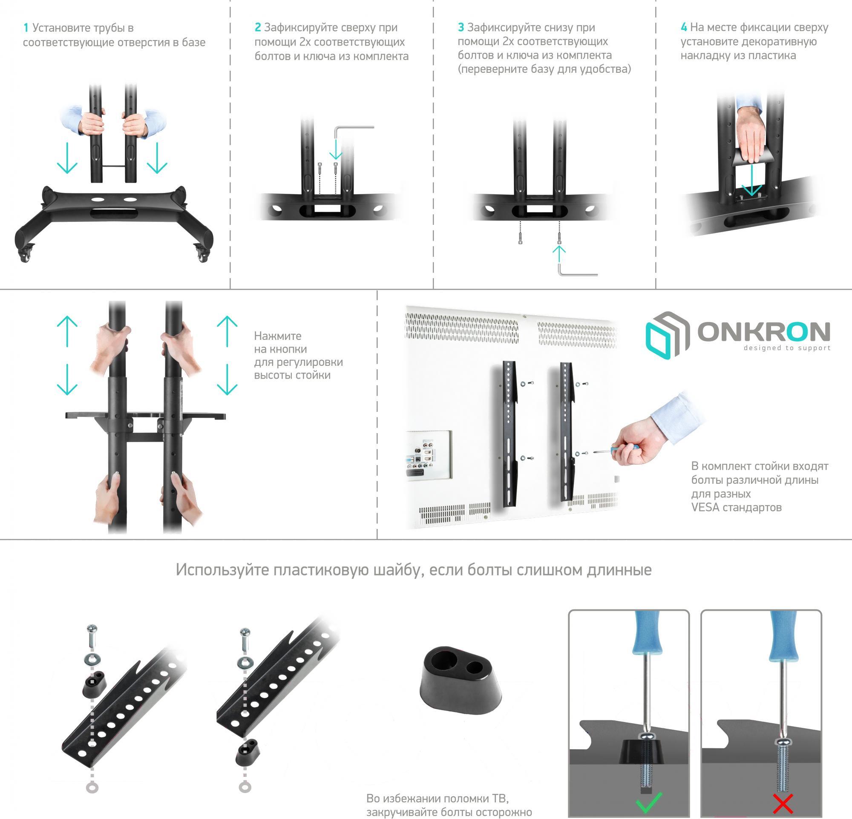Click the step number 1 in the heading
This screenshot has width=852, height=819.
point(26,28)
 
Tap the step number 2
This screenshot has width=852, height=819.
point(258,27)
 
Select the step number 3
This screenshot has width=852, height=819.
point(461,27)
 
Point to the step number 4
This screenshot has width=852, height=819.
point(684,27)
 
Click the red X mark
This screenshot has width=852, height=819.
point(783,803)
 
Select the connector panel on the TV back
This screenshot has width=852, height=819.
point(429,455)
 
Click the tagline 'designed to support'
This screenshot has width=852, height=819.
point(787,348)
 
